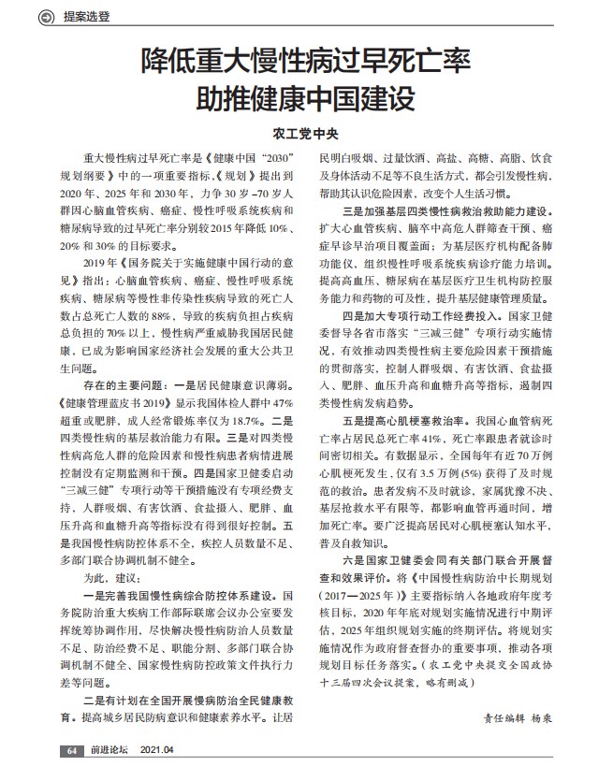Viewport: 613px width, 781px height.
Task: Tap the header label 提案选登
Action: (87, 16)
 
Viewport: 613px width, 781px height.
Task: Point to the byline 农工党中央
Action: (305, 132)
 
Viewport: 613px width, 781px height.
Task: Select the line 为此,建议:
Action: (111, 581)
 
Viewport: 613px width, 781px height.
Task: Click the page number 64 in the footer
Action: (71, 751)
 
